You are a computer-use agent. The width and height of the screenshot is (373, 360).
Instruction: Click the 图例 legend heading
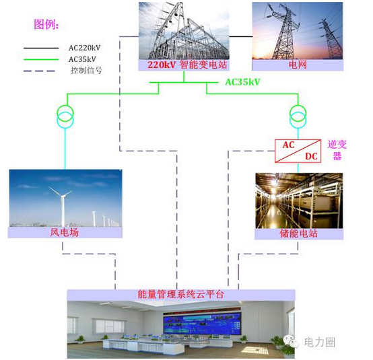46,24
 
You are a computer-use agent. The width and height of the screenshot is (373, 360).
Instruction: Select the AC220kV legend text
84,48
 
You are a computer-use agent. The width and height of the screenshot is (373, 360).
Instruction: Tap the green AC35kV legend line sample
41,59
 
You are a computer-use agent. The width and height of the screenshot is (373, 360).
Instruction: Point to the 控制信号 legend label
86,71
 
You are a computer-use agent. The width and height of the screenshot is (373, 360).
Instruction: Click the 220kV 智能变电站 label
187,65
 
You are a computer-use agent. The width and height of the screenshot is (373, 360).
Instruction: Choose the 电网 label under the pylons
298,65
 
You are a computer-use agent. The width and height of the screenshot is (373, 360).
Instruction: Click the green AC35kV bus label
242,82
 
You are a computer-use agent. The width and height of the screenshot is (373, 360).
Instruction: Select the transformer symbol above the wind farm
65,116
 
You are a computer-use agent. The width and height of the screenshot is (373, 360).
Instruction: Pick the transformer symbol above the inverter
298,116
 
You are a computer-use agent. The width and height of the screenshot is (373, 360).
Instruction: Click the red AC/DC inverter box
298,151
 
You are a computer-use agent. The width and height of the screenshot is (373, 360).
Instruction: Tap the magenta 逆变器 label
337,150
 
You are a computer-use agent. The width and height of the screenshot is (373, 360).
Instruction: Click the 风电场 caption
64,232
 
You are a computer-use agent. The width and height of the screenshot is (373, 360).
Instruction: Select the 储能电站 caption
298,233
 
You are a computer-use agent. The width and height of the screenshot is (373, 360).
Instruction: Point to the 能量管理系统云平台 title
181,294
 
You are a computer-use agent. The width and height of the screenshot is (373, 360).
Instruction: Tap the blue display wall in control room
202,324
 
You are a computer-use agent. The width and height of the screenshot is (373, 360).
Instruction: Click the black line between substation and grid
240,36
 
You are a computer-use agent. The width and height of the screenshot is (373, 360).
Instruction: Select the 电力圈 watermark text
320,343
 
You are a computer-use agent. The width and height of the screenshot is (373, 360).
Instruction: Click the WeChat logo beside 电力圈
292,342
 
